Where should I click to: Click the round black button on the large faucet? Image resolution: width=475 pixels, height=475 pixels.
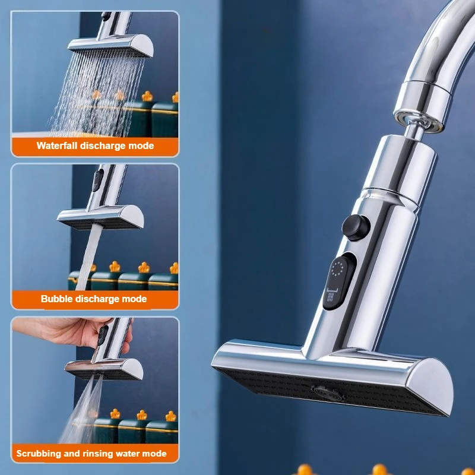(x=356, y=227)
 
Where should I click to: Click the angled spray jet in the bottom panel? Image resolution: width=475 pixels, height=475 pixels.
(x=83, y=410)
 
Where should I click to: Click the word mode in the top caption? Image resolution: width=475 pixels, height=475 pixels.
(x=142, y=145)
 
